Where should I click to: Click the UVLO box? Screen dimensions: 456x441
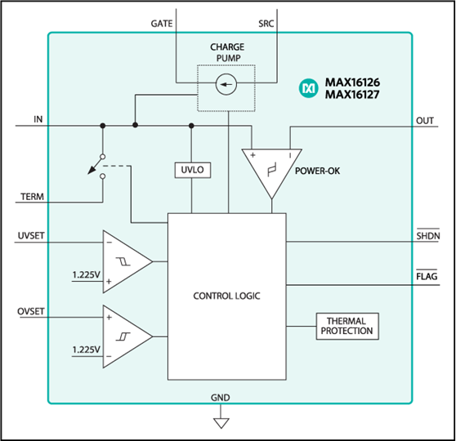pos(193,170)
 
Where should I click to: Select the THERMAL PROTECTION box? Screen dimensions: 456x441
pos(347,326)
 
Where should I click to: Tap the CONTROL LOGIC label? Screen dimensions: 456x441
pos(226,296)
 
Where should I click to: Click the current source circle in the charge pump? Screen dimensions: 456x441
pos(226,84)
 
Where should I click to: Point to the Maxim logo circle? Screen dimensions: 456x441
pos(308,88)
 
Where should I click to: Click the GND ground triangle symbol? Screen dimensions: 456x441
pos(221,423)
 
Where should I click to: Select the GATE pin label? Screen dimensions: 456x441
pos(162,24)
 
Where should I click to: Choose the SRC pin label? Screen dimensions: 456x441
pos(266,24)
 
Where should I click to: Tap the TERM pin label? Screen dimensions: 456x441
pos(33,197)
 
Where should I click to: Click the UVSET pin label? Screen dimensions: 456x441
pos(31,235)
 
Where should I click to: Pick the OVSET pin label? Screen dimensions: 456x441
pos(31,311)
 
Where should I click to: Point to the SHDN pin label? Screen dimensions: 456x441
pos(428,235)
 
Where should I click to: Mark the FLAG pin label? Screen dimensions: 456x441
pos(427,276)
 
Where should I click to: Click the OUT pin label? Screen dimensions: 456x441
pos(425,121)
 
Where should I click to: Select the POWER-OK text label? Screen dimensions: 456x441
pos(317,171)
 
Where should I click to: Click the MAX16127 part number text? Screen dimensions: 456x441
pos(352,95)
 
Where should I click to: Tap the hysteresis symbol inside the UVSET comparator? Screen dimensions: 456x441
pos(123,261)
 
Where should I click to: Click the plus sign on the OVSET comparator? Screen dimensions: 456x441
pos(109,317)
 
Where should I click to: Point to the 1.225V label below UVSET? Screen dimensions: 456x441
pos(86,274)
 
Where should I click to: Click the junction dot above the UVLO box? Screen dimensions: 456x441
pos(191,126)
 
